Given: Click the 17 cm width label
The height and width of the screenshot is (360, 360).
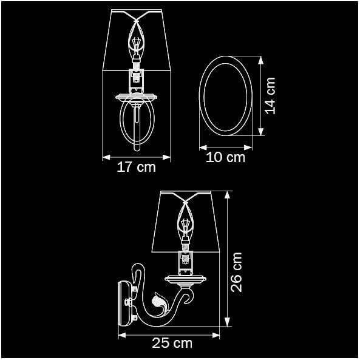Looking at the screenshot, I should pyautogui.click(x=136, y=167).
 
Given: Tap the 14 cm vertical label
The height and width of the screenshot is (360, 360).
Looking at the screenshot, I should pyautogui.click(x=270, y=96).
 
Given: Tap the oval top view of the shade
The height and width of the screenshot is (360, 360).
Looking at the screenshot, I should pyautogui.click(x=226, y=97).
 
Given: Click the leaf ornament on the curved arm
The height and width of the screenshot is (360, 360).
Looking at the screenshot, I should pyautogui.click(x=160, y=302).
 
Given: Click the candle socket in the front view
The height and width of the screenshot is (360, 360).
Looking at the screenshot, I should pyautogui.click(x=137, y=78).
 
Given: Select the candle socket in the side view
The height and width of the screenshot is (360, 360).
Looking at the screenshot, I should pyautogui.click(x=184, y=260).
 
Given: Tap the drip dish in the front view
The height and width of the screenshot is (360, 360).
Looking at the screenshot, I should pyautogui.click(x=137, y=97).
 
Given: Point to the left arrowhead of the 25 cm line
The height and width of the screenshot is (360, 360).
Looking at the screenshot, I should pyautogui.click(x=120, y=334).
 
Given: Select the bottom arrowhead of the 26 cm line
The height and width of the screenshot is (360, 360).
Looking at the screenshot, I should pyautogui.click(x=228, y=325).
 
